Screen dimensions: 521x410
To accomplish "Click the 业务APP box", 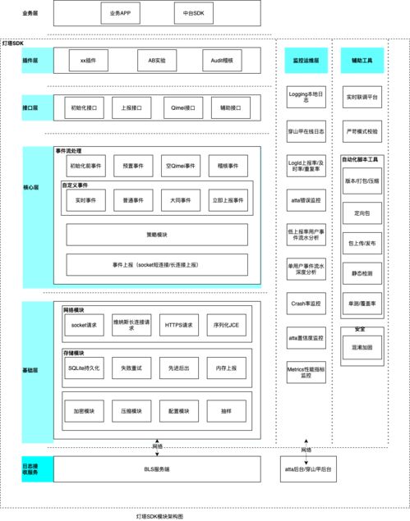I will [x=120, y=14].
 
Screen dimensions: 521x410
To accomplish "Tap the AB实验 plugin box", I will [x=156, y=61].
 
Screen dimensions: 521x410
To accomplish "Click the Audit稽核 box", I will [x=221, y=61].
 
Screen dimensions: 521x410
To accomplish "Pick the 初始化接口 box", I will [x=84, y=107].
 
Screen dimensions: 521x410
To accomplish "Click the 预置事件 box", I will [x=132, y=165].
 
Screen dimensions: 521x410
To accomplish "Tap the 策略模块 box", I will [x=156, y=235].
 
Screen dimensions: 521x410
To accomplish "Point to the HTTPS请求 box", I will [x=179, y=325].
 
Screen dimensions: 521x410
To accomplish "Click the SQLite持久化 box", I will [x=84, y=369].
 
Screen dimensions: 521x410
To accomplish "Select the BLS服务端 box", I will [x=156, y=468].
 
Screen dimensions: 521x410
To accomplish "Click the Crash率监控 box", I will [x=304, y=303].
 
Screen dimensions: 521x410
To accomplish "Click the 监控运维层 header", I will [x=304, y=61].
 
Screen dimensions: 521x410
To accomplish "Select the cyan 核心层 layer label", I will [x=30, y=187].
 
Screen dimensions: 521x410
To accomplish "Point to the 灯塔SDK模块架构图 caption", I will [x=160, y=515].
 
